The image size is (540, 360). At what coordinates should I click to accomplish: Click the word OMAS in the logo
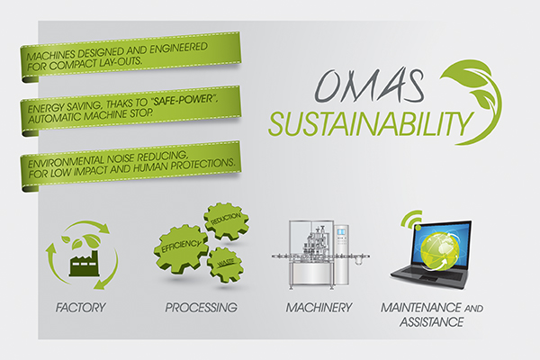[369, 85]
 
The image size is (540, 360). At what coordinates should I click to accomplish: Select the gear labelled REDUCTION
[226, 220]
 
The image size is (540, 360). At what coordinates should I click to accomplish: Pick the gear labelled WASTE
[225, 264]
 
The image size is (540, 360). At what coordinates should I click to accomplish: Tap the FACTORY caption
[81, 307]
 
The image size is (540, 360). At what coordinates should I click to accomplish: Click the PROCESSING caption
[201, 307]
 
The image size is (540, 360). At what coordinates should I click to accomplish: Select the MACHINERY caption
[319, 307]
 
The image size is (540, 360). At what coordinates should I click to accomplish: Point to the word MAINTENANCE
[421, 307]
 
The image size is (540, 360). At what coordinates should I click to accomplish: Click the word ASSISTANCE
[431, 322]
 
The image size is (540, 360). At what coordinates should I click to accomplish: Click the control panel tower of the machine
[341, 255]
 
